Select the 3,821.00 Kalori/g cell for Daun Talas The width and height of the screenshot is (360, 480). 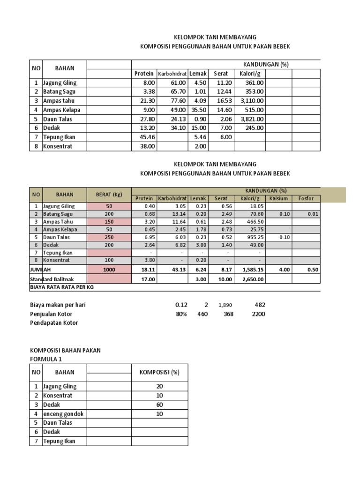pyautogui.click(x=252, y=119)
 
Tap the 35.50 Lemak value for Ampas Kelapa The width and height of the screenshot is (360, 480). pyautogui.click(x=199, y=110)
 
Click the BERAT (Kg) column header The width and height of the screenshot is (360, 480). pyautogui.click(x=109, y=195)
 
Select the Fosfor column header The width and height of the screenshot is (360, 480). pyautogui.click(x=306, y=198)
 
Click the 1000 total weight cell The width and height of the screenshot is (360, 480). pyautogui.click(x=109, y=270)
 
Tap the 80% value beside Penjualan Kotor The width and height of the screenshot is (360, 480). pyautogui.click(x=181, y=314)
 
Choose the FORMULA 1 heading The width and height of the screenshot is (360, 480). pyautogui.click(x=45, y=359)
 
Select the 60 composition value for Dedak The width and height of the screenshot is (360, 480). pyautogui.click(x=159, y=404)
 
